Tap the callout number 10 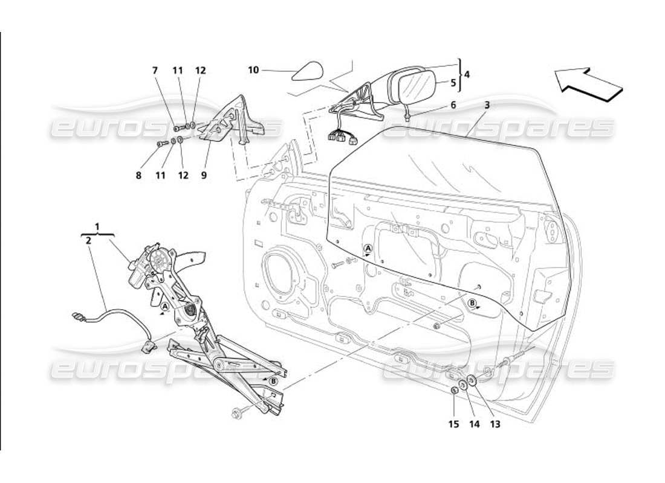pos(253,70)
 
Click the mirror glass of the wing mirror pos(417,86)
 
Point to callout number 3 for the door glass pos(487,104)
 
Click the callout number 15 pos(454,424)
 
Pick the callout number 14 pos(474,424)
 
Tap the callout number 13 pos(495,424)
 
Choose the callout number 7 pos(155,70)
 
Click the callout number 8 pos(138,175)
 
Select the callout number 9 pos(204,175)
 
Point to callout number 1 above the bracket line pos(97,228)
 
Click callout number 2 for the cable pos(89,240)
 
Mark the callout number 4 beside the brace pos(466,75)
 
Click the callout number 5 pos(453,84)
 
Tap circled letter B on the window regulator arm pos(273,380)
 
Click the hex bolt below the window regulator pos(237,414)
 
